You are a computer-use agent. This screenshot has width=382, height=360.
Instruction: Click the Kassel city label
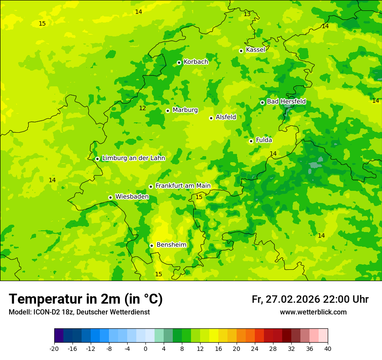click(x=255, y=50)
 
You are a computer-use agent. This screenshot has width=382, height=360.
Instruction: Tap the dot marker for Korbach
click(x=179, y=62)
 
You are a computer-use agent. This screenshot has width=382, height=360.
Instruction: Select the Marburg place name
click(x=185, y=110)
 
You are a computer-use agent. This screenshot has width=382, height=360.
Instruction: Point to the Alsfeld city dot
click(x=211, y=118)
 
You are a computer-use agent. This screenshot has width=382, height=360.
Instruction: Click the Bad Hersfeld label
click(x=286, y=101)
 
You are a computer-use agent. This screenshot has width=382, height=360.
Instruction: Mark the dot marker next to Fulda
click(x=251, y=141)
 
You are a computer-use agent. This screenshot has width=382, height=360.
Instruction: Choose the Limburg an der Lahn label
click(x=133, y=158)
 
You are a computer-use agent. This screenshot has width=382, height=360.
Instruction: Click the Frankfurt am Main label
click(x=183, y=186)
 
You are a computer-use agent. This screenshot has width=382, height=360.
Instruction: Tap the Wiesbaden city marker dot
click(x=110, y=197)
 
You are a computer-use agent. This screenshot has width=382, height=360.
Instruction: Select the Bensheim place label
click(x=171, y=245)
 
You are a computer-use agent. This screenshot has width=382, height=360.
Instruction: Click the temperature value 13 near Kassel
click(x=247, y=14)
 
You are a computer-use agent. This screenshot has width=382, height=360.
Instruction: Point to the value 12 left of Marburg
click(x=142, y=108)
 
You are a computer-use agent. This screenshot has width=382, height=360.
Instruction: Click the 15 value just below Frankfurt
click(x=199, y=197)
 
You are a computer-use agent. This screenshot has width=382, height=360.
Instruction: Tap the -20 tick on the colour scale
click(x=54, y=349)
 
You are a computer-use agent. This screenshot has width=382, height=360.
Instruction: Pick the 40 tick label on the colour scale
click(x=328, y=349)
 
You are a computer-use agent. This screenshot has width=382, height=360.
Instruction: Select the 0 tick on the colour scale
click(x=145, y=349)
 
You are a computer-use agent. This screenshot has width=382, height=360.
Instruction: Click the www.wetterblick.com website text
click(x=313, y=312)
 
